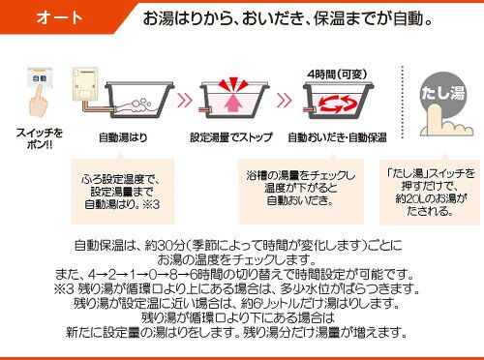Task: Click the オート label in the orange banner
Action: pyautogui.click(x=59, y=17)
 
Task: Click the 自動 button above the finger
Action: pyautogui.click(x=40, y=77)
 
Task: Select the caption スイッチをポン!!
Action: pyautogui.click(x=40, y=138)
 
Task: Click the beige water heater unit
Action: pyautogui.click(x=85, y=83)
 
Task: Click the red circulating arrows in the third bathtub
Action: pyautogui.click(x=338, y=104)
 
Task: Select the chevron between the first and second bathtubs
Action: pyautogui.click(x=185, y=101)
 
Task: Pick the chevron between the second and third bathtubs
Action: pyautogui.click(x=285, y=101)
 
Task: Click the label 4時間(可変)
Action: pyautogui.click(x=337, y=75)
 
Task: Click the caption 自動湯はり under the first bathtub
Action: pyautogui.click(x=123, y=137)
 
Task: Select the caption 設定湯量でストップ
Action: pyautogui.click(x=231, y=137)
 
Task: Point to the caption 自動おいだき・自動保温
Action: pyautogui.click(x=337, y=137)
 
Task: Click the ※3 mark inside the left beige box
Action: pyautogui.click(x=151, y=204)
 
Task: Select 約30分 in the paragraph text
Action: pyautogui.click(x=165, y=246)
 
